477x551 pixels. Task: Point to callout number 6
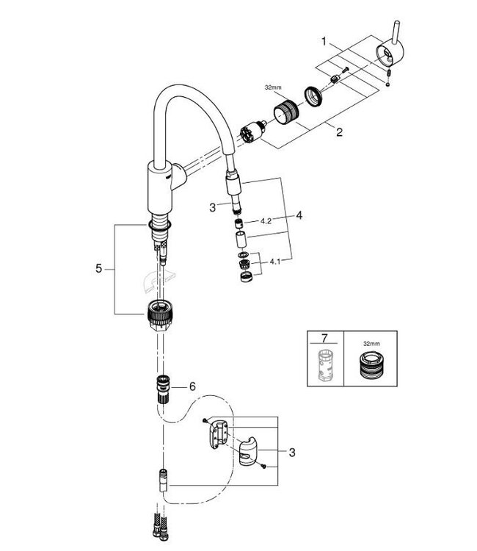click(x=193, y=385)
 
